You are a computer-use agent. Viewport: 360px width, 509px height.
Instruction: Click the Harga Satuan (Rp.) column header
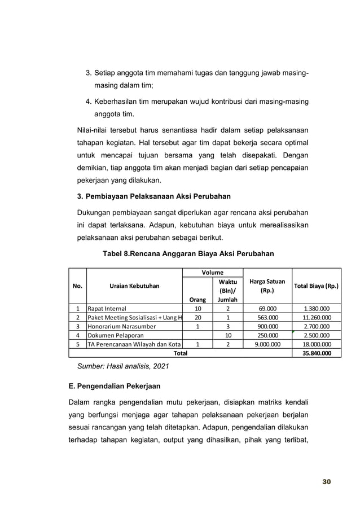(267, 286)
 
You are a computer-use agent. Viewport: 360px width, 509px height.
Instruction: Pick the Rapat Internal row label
(107, 309)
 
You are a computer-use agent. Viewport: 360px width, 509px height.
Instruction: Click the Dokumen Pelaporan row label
(114, 335)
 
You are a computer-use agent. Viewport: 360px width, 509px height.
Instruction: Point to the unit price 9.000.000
(267, 344)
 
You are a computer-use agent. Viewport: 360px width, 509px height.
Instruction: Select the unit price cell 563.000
(267, 318)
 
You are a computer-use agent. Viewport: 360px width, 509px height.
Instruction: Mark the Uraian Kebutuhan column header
(133, 286)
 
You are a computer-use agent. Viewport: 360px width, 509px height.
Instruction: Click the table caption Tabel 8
(187, 254)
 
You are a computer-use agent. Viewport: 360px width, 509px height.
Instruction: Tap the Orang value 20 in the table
(197, 318)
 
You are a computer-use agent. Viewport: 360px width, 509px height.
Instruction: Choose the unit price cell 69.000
(267, 309)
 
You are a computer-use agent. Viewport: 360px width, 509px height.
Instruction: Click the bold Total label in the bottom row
(180, 353)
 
